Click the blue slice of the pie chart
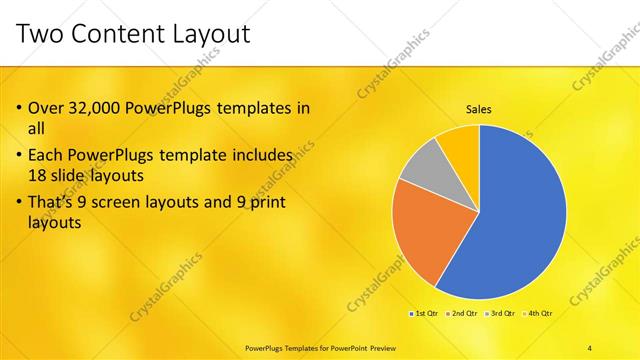tap(515, 215)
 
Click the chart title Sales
tap(479, 109)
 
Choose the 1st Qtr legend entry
tap(423, 314)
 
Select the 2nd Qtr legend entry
tap(460, 314)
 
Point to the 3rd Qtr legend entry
tap(498, 314)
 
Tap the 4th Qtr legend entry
tap(536, 314)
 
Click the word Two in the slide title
tap(41, 35)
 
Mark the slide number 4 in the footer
tap(590, 347)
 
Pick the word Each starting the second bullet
tap(46, 155)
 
